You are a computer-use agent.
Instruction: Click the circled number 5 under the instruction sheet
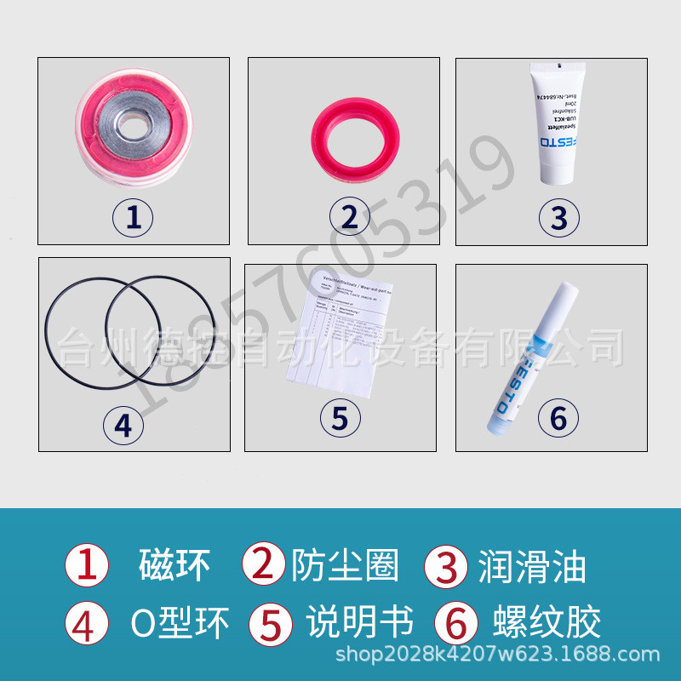[x=340, y=418]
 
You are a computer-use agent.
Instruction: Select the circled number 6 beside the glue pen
[x=558, y=418]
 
